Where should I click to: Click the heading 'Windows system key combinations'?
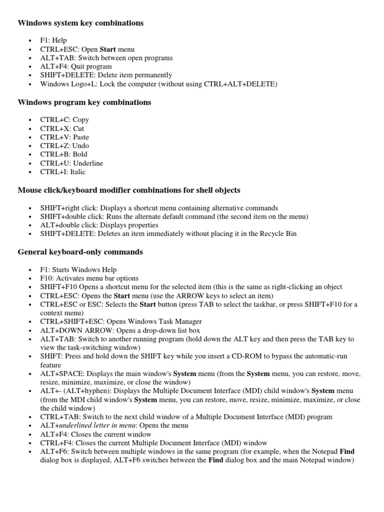point(80,23)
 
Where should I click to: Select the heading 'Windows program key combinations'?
point(84,102)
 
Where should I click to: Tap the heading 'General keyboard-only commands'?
point(80,252)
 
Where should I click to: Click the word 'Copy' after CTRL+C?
point(80,120)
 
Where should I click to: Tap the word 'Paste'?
point(80,137)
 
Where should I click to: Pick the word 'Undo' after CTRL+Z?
point(80,146)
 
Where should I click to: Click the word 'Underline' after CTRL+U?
point(88,163)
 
